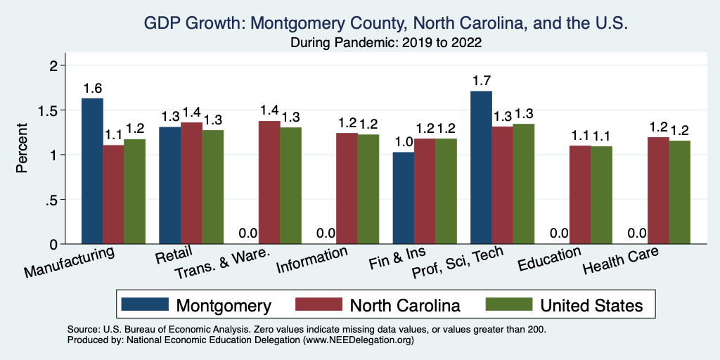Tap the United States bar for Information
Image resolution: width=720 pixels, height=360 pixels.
click(368, 189)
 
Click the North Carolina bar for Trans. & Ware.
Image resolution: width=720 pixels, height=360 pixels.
click(269, 182)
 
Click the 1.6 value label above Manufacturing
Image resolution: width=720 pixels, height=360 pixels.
click(92, 88)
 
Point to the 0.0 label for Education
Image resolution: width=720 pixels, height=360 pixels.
click(559, 233)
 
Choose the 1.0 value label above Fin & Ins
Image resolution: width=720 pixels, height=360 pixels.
click(403, 141)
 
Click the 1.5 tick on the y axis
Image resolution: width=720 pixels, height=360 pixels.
click(56, 110)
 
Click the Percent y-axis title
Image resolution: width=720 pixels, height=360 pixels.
click(22, 149)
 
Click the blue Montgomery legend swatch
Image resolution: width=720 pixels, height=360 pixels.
click(145, 304)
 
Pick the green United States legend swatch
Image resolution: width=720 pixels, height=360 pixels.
click(509, 304)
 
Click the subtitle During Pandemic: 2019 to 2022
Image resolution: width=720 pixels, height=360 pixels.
click(386, 42)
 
